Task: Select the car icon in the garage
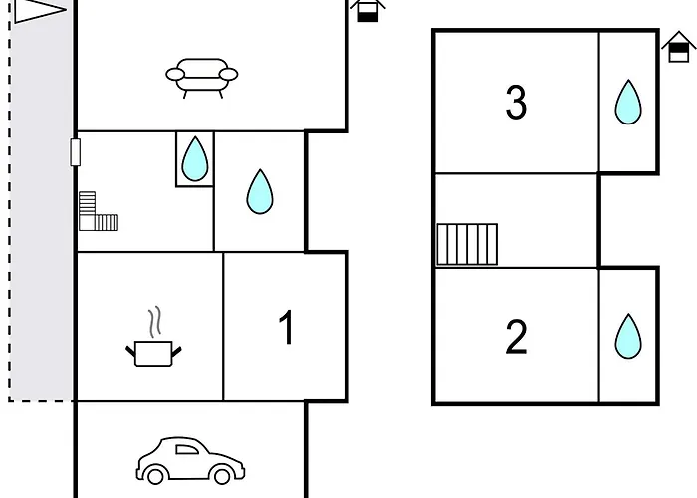pos(190,460)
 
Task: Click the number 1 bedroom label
pos(287,328)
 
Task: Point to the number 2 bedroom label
pos(516,337)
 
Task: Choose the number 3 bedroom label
pos(516,103)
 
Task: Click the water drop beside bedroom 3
pos(628,102)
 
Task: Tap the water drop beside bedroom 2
pos(628,336)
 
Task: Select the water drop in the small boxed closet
pos(195,158)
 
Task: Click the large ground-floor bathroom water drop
pos(260,191)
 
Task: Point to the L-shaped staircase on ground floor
pos(99,211)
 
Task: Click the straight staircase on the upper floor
pos(467,244)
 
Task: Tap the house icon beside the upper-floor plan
pos(678,47)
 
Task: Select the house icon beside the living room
pos(368,10)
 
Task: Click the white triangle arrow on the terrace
pos(40,11)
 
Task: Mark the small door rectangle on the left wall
pos(75,152)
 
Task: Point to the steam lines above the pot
pos(154,321)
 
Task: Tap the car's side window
pos(187,449)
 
